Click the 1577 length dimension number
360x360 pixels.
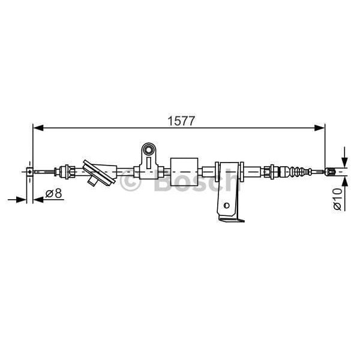pyautogui.click(x=181, y=120)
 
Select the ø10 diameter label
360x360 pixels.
pyautogui.click(x=337, y=198)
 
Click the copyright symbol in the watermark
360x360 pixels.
pyautogui.click(x=130, y=182)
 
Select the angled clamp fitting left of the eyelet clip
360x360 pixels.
pyautogui.click(x=96, y=172)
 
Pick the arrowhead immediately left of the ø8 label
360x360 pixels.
pyautogui.click(x=39, y=199)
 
